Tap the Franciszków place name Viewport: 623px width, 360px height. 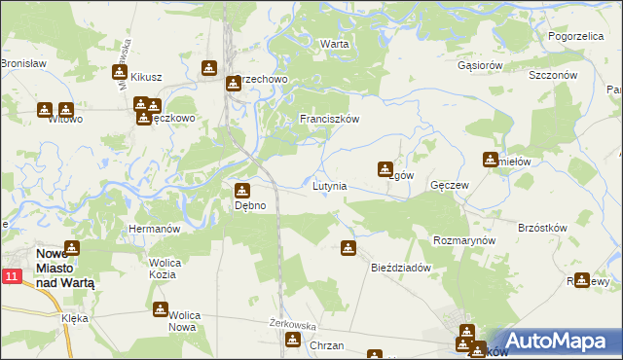coord(330,119)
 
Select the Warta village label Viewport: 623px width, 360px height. coord(335,45)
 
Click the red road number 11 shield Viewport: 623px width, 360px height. coord(11,277)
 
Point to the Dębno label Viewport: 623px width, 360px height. coord(243,205)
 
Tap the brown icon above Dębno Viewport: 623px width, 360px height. coord(242,189)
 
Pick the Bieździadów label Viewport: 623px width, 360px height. coord(401,268)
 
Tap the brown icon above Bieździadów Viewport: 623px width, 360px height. coord(348,248)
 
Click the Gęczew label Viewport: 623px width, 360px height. coord(450,185)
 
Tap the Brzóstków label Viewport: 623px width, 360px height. coord(543,227)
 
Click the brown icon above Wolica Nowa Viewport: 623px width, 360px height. coord(161,309)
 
